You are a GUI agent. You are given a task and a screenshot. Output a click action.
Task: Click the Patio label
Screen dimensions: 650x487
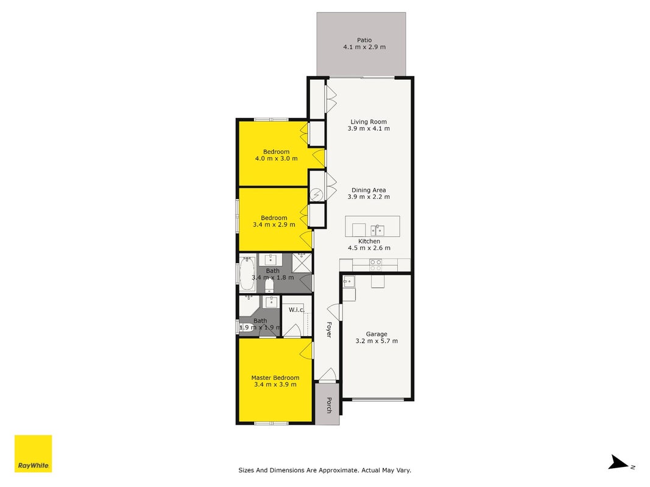click(x=364, y=40)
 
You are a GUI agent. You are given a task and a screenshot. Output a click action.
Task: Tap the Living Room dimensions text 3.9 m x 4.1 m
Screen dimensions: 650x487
click(x=369, y=129)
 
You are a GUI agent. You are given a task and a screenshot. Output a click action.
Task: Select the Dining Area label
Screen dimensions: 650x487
click(x=369, y=190)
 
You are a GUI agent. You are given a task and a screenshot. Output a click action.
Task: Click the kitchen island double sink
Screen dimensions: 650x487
click(x=377, y=230)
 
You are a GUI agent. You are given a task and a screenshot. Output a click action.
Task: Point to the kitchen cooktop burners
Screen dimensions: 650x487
click(x=376, y=265)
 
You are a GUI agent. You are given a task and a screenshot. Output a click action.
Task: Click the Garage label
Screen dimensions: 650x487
click(x=376, y=334)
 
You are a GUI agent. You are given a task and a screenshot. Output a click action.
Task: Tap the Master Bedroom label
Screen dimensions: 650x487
click(x=275, y=377)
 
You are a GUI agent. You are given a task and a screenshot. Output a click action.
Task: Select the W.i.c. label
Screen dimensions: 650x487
click(x=297, y=310)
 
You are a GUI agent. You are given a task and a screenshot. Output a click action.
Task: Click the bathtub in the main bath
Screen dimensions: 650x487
click(x=247, y=273)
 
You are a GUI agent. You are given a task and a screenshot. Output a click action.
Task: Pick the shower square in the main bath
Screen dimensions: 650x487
click(x=302, y=263)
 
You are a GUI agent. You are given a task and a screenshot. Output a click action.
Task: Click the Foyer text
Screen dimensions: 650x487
click(x=329, y=329)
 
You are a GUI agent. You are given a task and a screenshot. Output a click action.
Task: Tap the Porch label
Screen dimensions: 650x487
click(x=329, y=405)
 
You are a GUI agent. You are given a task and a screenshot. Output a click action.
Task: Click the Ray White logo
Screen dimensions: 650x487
click(x=33, y=454)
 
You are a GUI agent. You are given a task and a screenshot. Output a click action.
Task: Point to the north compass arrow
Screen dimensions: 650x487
click(x=619, y=463)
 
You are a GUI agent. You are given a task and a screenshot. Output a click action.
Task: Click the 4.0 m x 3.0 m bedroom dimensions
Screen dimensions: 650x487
click(x=276, y=159)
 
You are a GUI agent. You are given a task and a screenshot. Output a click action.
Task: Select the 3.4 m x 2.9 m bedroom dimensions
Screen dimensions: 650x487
click(x=274, y=225)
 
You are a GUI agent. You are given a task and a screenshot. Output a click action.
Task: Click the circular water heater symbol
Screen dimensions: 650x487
click(x=317, y=195)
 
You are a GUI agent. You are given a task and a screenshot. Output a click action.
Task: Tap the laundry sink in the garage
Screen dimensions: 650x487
click(x=348, y=282)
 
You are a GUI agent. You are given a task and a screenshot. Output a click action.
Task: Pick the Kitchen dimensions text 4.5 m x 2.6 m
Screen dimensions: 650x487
click(x=369, y=248)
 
